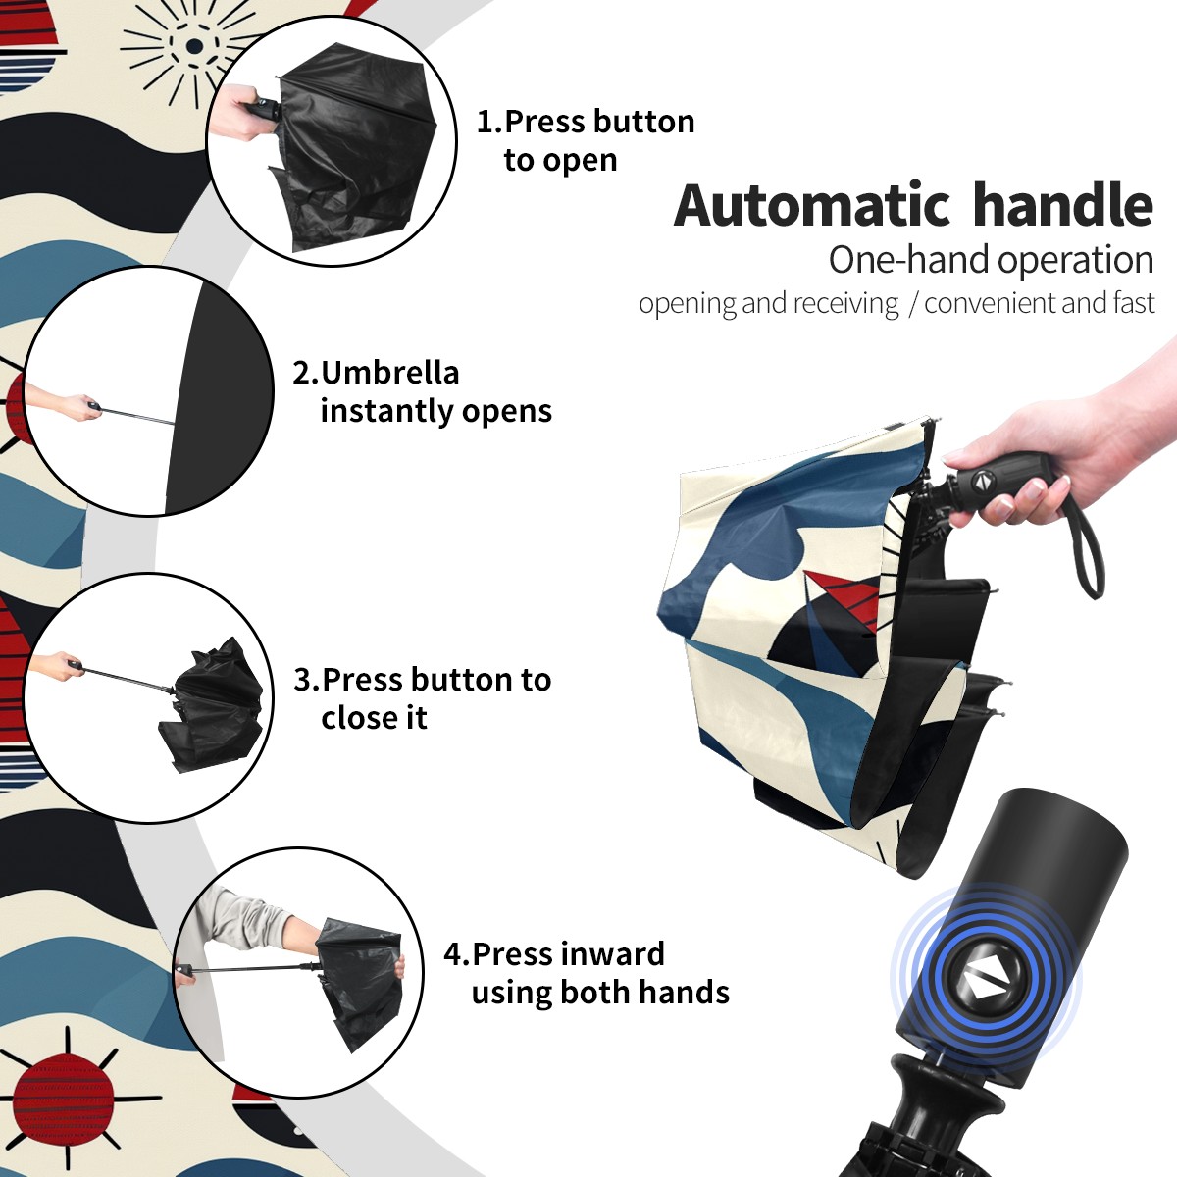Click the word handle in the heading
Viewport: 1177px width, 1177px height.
coord(1063,204)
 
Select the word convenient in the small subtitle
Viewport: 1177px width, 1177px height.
coord(990,303)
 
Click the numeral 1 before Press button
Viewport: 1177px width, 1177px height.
coord(486,122)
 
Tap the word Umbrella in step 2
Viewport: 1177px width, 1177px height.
coord(389,373)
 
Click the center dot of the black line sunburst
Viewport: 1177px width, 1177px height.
coord(194,45)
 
